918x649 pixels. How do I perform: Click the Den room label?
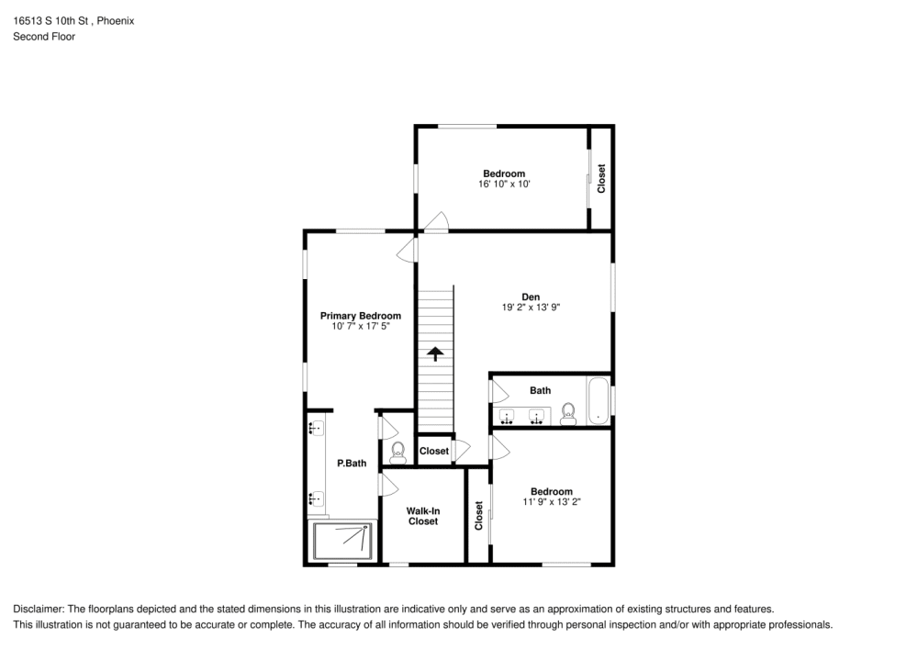tap(531, 297)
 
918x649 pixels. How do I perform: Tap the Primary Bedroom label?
tap(360, 316)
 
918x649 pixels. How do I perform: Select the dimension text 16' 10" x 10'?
tap(504, 185)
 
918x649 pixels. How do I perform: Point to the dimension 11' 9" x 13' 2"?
tap(552, 502)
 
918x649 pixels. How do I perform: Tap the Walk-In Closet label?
tap(422, 516)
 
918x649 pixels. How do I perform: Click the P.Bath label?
tap(352, 464)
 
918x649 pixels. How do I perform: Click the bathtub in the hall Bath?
tap(599, 401)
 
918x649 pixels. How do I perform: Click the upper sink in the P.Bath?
tap(316, 428)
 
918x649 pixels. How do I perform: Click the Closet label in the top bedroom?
tap(602, 178)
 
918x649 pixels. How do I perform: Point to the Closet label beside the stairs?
tap(434, 451)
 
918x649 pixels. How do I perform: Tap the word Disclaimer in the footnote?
tap(38, 609)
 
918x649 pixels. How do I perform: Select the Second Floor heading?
tap(44, 37)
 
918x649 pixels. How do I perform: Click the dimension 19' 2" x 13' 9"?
tap(530, 308)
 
